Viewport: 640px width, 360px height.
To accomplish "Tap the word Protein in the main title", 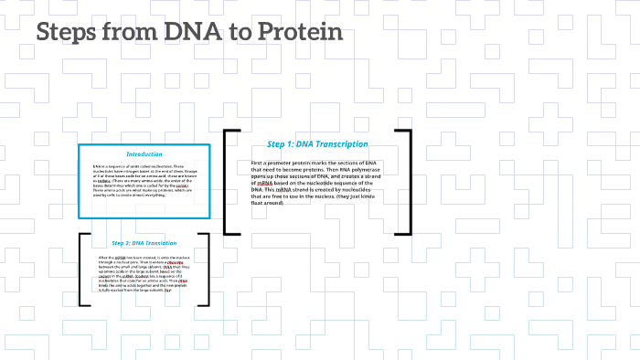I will (298, 33).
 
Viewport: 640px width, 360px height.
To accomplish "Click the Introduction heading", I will (144, 154).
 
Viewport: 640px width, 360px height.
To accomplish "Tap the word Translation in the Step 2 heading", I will (156, 243).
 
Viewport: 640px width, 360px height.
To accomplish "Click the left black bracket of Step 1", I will (227, 183).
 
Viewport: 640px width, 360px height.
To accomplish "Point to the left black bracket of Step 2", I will (82, 269).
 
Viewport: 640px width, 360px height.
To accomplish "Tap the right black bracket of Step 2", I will (207, 269).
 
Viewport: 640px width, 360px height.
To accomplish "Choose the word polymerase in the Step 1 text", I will (365, 170).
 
